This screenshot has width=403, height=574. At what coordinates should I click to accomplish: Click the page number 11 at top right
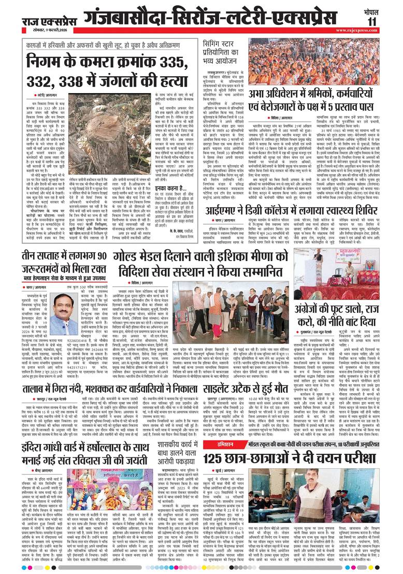pyautogui.click(x=387, y=20)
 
